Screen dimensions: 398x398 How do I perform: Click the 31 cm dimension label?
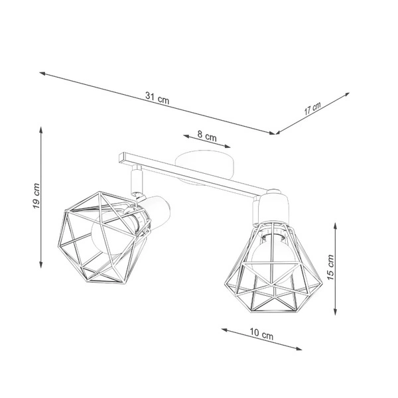click(x=157, y=97)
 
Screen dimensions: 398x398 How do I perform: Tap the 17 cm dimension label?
click(x=312, y=109)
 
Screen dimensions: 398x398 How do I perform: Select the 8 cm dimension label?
click(x=207, y=137)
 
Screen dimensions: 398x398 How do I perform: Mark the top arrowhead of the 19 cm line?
click(x=42, y=127)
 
